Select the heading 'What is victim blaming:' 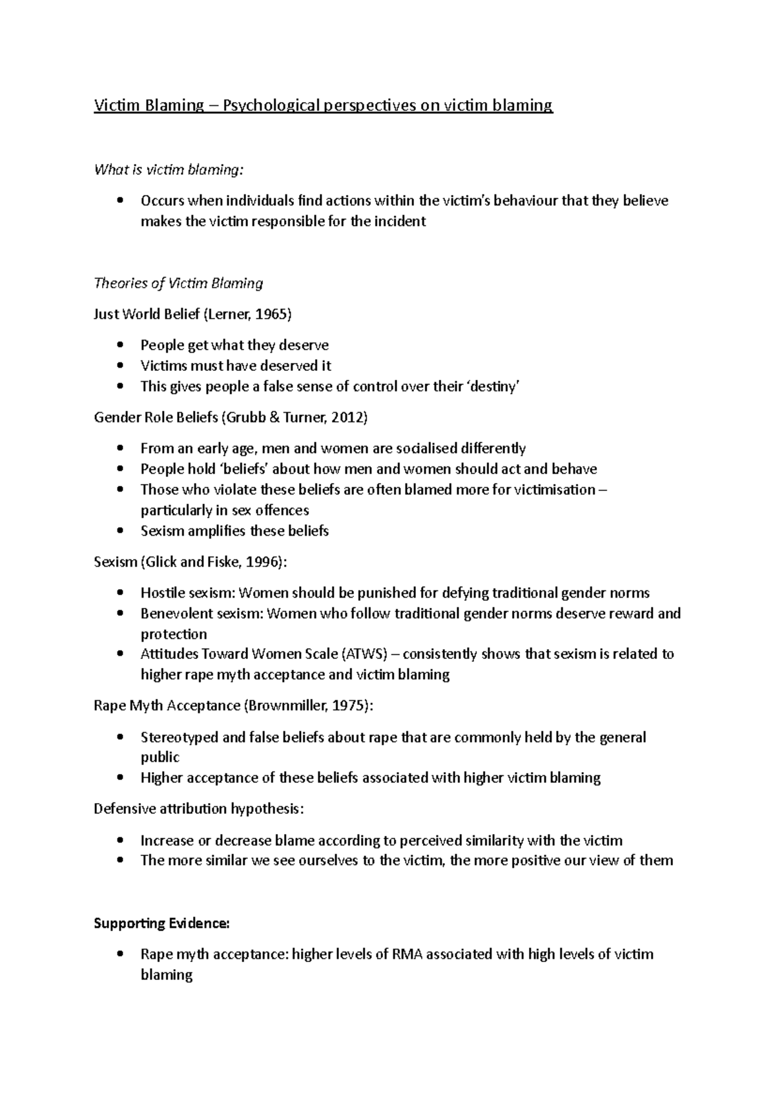[170, 170]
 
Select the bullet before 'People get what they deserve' [119, 346]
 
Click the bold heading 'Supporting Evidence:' [161, 923]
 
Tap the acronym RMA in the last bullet [407, 954]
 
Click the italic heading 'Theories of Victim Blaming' [179, 283]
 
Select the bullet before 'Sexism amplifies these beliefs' [119, 531]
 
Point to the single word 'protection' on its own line [174, 634]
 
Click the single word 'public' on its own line [160, 757]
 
